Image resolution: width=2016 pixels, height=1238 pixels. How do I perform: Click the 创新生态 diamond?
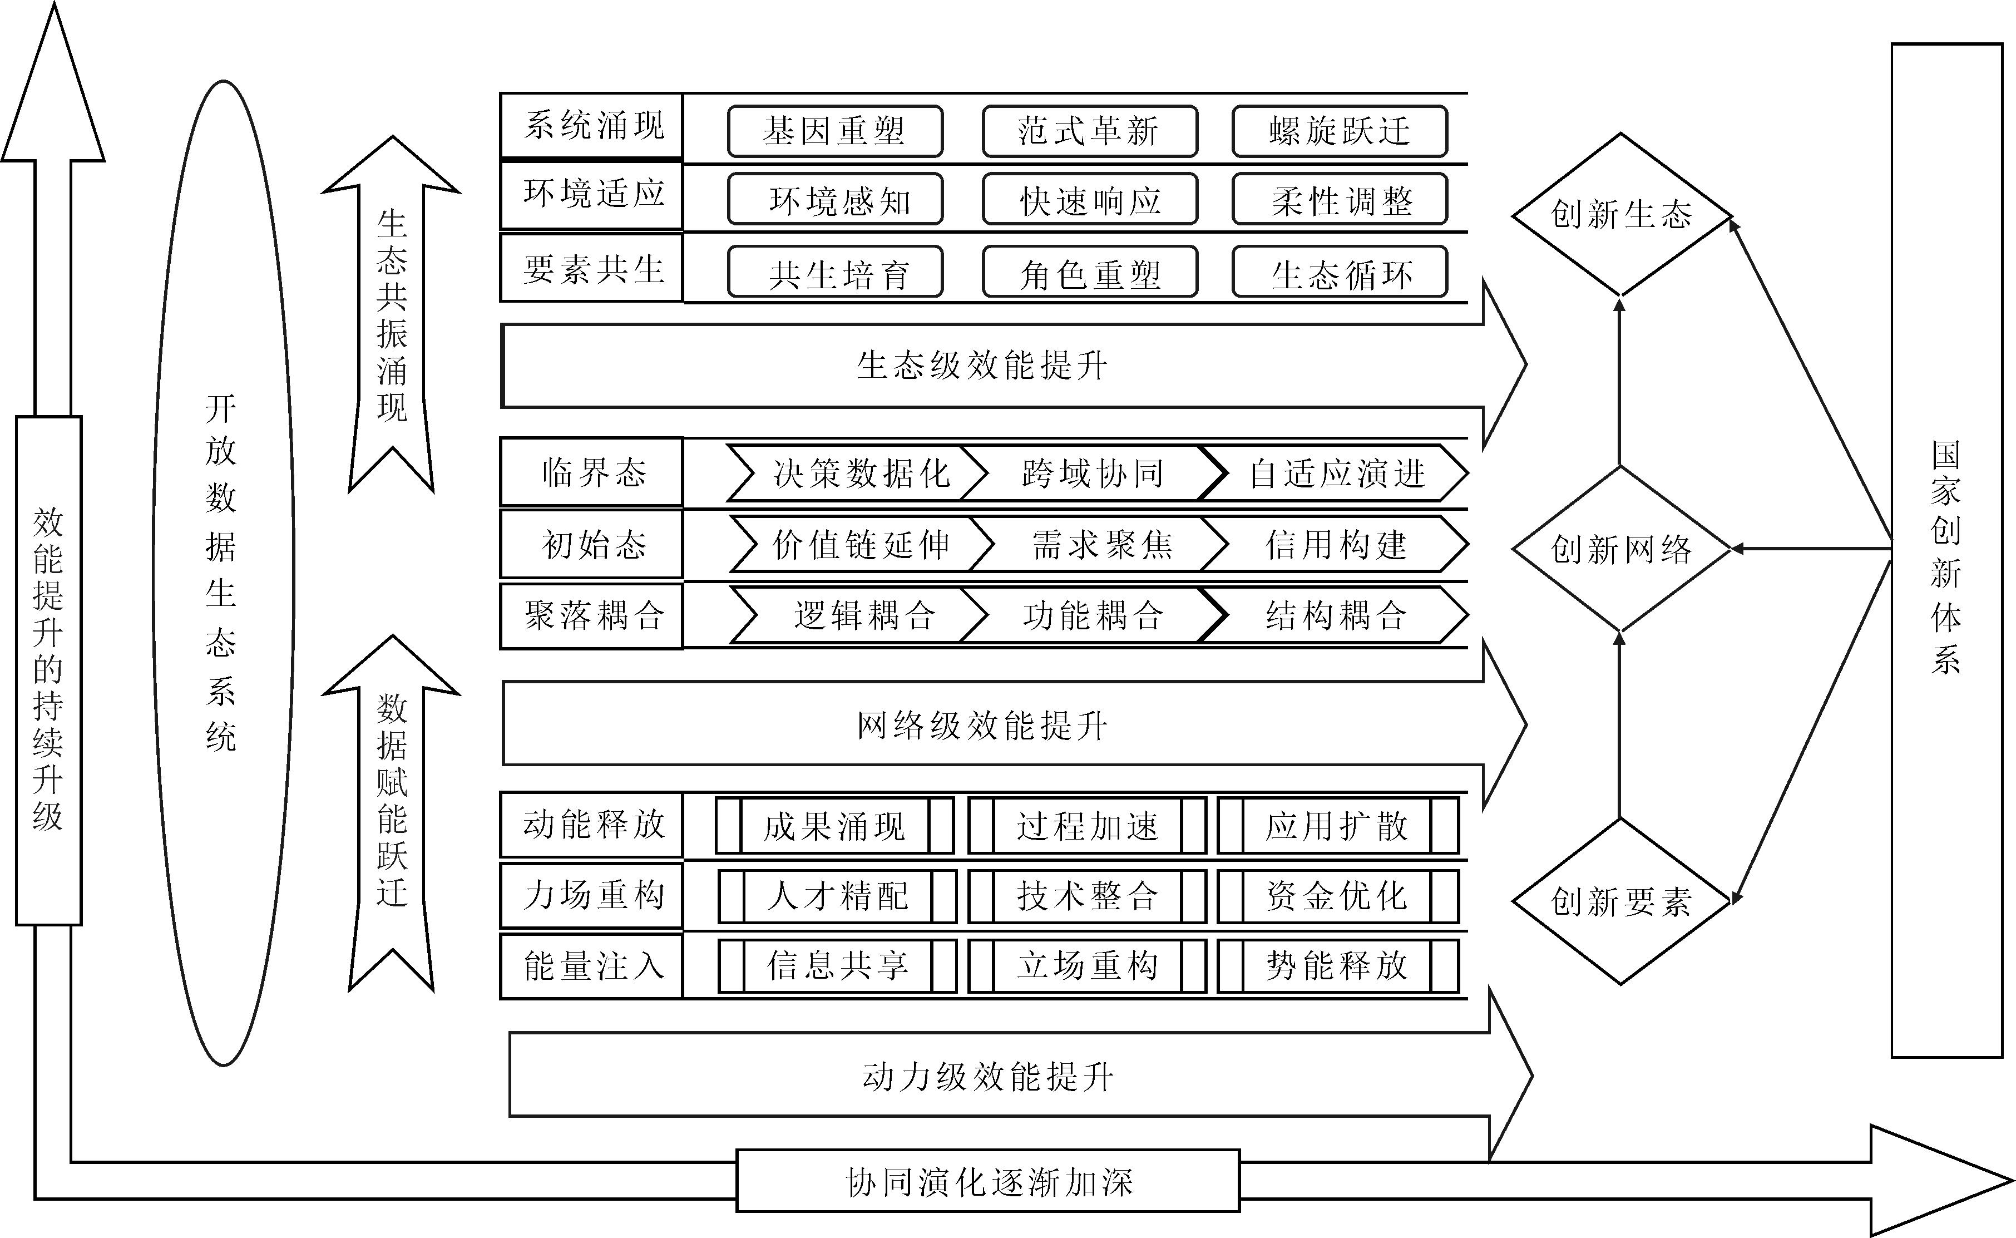[x=1620, y=215]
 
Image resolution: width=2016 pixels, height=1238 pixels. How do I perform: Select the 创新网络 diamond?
[x=1620, y=549]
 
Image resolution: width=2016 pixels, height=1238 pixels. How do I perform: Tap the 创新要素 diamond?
[x=1620, y=901]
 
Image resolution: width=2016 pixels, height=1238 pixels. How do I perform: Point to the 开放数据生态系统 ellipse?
[x=223, y=573]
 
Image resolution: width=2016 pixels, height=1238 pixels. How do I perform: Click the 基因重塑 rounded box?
[x=835, y=131]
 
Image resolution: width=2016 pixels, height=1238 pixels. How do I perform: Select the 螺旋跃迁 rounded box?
[x=1339, y=131]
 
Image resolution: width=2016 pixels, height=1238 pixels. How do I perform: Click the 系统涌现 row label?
[x=591, y=125]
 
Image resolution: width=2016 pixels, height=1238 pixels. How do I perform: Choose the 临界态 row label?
[x=591, y=472]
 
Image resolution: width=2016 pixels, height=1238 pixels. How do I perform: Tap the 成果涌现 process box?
[x=834, y=825]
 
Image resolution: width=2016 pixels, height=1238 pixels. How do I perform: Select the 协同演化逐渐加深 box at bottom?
[x=988, y=1181]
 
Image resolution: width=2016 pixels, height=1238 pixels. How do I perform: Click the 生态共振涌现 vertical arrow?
[x=391, y=315]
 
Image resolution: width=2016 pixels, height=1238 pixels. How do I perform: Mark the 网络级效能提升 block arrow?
[x=982, y=724]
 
